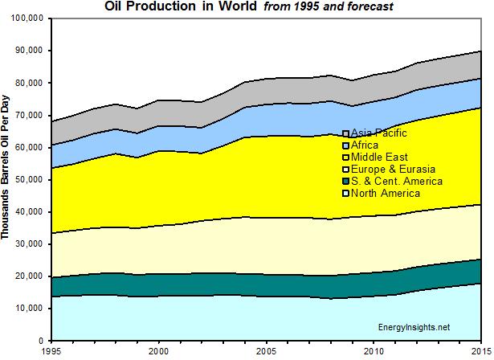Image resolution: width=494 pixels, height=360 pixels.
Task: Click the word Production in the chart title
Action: pyautogui.click(x=163, y=6)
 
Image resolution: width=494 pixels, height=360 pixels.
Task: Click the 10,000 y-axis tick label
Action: pyautogui.click(x=31, y=309)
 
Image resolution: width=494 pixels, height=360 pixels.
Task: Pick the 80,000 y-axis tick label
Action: pyautogui.click(x=31, y=82)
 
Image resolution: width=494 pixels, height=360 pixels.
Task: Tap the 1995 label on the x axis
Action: pyautogui.click(x=51, y=351)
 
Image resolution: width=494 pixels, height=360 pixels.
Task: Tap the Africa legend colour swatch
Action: pyautogui.click(x=345, y=145)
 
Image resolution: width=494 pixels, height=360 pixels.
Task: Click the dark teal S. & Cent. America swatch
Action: pyautogui.click(x=345, y=182)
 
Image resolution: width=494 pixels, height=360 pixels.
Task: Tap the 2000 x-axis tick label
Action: pyautogui.click(x=159, y=351)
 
